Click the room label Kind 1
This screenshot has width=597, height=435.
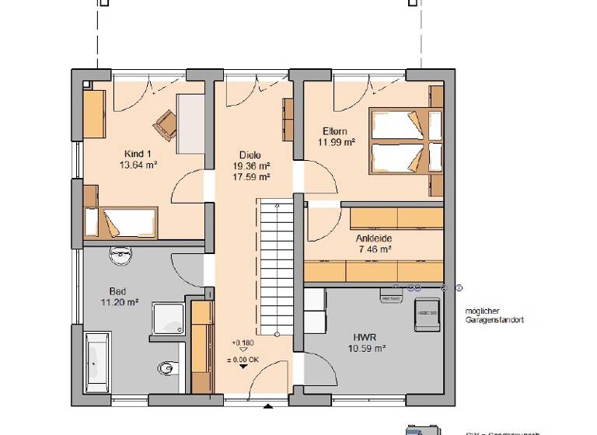pyautogui.click(x=134, y=154)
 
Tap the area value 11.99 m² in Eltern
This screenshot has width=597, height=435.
pyautogui.click(x=336, y=142)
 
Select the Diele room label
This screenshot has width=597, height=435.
pyautogui.click(x=250, y=154)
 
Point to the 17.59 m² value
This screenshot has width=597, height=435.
pyautogui.click(x=250, y=177)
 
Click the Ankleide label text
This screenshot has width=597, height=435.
pyautogui.click(x=374, y=238)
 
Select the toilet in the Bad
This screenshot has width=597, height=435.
pyautogui.click(x=166, y=369)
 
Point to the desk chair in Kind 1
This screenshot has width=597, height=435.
pyautogui.click(x=166, y=121)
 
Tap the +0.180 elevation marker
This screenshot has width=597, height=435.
pyautogui.click(x=243, y=343)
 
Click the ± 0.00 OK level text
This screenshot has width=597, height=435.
pyautogui.click(x=243, y=359)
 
